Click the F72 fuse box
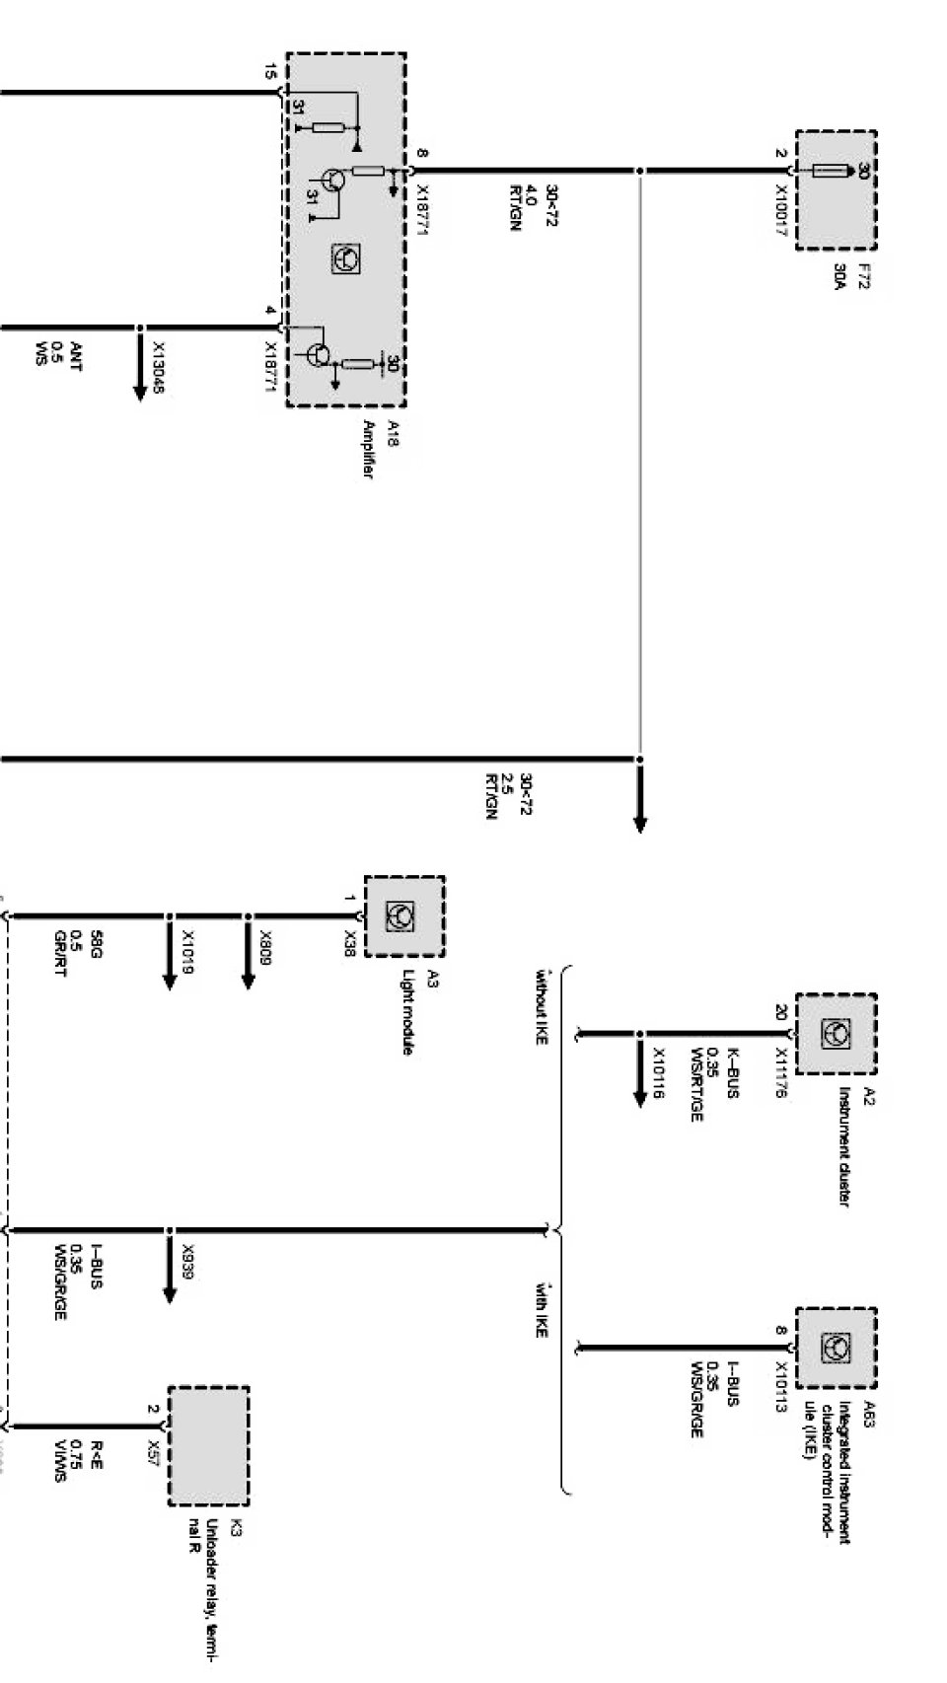pyautogui.click(x=836, y=190)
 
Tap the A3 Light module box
pyautogui.click(x=403, y=915)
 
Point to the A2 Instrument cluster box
pyautogui.click(x=836, y=1034)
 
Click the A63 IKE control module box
pyautogui.click(x=836, y=1349)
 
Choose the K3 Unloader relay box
pyautogui.click(x=208, y=1445)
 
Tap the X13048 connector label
pyautogui.click(x=158, y=367)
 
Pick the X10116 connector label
pyautogui.click(x=658, y=1073)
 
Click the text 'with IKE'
pyautogui.click(x=541, y=1309)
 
